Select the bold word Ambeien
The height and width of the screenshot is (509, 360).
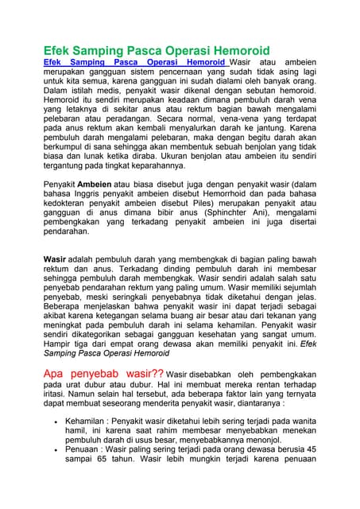coord(95,184)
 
